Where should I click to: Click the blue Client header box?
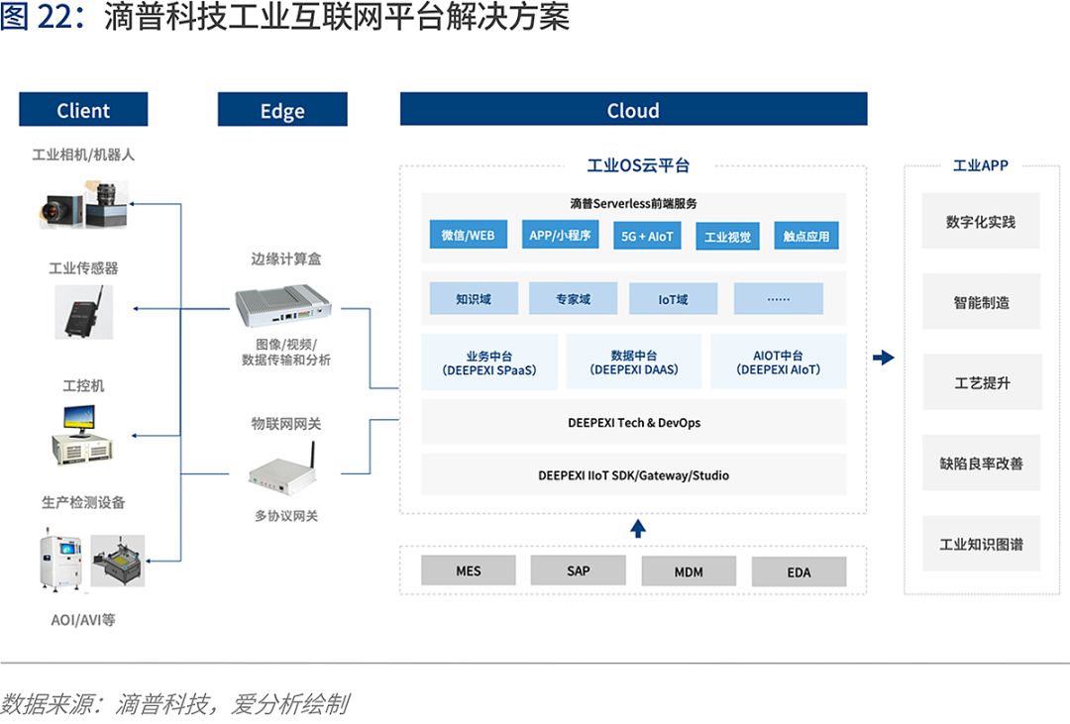(83, 110)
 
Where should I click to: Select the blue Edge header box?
(282, 110)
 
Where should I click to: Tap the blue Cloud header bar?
(633, 110)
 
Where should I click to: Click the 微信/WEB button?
(468, 235)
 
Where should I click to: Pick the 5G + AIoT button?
(647, 236)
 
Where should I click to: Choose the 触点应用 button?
(806, 236)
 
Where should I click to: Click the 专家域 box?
(573, 298)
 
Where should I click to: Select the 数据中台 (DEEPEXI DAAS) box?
(634, 362)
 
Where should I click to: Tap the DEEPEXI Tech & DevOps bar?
(634, 423)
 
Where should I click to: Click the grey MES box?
(469, 570)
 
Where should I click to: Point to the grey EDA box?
(799, 571)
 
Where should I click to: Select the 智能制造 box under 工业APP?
(981, 302)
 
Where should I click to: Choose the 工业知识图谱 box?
(981, 544)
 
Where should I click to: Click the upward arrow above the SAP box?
(638, 528)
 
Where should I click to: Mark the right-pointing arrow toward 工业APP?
(884, 358)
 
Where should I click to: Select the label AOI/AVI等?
(83, 620)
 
